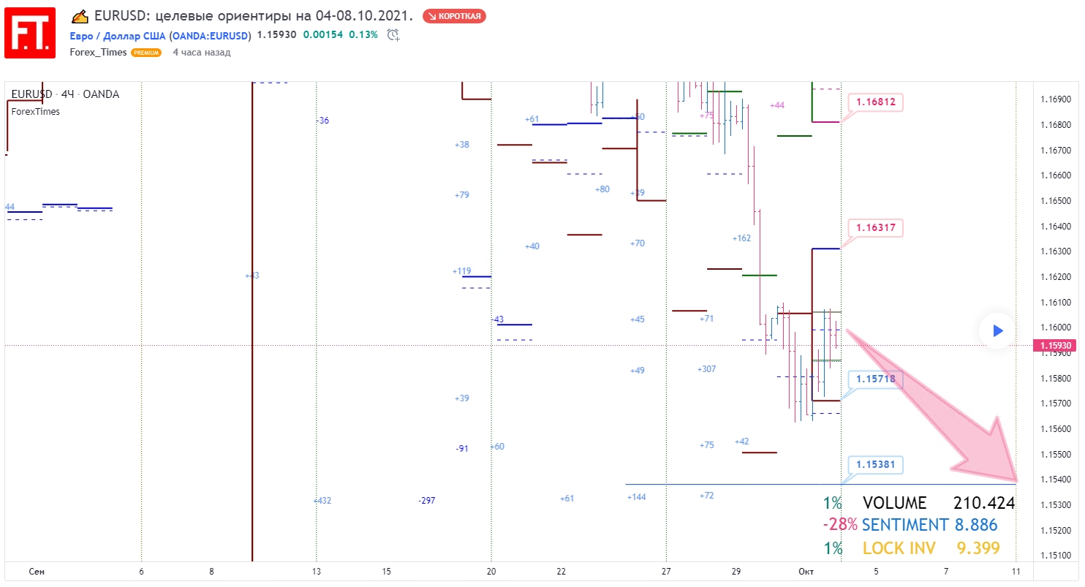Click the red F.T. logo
[30, 33]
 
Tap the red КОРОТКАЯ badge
[454, 16]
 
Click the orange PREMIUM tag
[146, 53]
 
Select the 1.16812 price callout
[874, 102]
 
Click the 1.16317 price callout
[874, 228]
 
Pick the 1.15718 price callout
[876, 379]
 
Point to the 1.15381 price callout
[875, 465]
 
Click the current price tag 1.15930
[1058, 346]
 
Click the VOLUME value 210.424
[983, 503]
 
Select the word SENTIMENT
[904, 525]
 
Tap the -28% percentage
[839, 525]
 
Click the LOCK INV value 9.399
[978, 548]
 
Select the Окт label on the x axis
[806, 571]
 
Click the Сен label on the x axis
[37, 571]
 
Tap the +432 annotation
[322, 501]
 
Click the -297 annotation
[427, 501]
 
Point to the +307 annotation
[706, 369]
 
